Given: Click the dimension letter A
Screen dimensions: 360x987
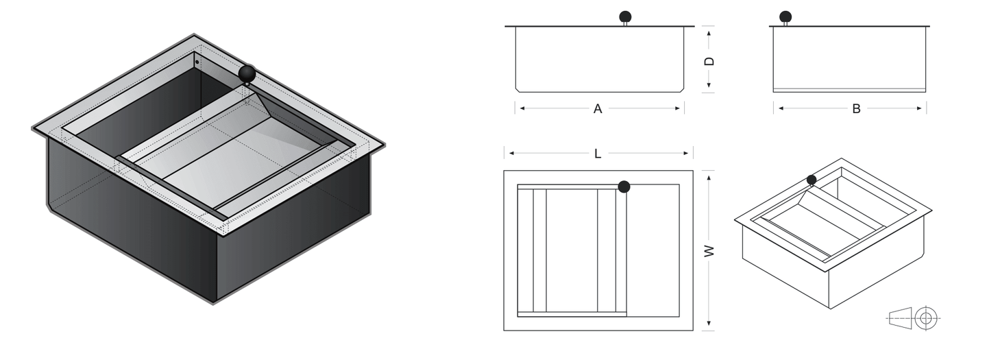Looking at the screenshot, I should pyautogui.click(x=598, y=108).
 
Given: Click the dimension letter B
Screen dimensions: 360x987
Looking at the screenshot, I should pyautogui.click(x=856, y=108).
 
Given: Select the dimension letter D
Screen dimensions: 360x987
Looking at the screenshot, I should pyautogui.click(x=709, y=60).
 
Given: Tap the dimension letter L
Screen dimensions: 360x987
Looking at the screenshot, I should pyautogui.click(x=598, y=154).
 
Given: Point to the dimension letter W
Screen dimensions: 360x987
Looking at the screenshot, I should pyautogui.click(x=709, y=251).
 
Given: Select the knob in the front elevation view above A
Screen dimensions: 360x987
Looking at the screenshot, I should pyautogui.click(x=625, y=16).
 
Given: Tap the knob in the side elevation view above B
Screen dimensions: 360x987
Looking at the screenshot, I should pyautogui.click(x=785, y=16).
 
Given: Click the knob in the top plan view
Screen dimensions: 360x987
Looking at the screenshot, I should pyautogui.click(x=624, y=187).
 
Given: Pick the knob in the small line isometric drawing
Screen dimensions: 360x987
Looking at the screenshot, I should pyautogui.click(x=812, y=180).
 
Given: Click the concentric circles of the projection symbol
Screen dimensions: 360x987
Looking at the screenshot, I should pyautogui.click(x=926, y=318).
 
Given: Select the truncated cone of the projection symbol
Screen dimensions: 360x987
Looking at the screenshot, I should pyautogui.click(x=901, y=318).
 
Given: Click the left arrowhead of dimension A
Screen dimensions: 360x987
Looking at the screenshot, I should pyautogui.click(x=520, y=108).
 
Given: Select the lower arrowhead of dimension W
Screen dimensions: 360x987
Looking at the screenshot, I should pyautogui.click(x=709, y=326).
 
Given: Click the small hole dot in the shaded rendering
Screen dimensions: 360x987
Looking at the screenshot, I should pyautogui.click(x=197, y=62).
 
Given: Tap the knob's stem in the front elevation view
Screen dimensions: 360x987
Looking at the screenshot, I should pyautogui.click(x=625, y=25).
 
